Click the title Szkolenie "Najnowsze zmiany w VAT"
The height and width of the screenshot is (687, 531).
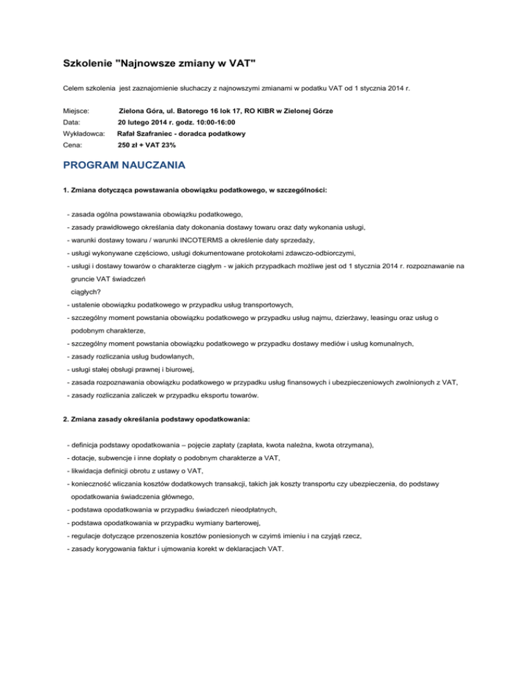click(x=159, y=64)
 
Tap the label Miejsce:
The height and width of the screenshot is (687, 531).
click(x=77, y=110)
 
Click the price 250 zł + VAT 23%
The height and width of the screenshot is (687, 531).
click(x=147, y=145)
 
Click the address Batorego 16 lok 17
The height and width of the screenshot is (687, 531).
click(x=220, y=110)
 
